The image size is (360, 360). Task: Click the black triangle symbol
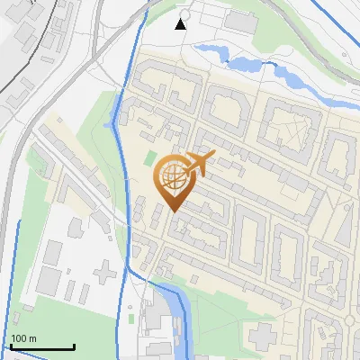[181, 23]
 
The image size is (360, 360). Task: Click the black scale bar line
[42, 346]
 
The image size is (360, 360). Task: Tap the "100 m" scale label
[23, 338]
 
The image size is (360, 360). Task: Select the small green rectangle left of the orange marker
[149, 158]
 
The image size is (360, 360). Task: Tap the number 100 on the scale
[18, 338]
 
